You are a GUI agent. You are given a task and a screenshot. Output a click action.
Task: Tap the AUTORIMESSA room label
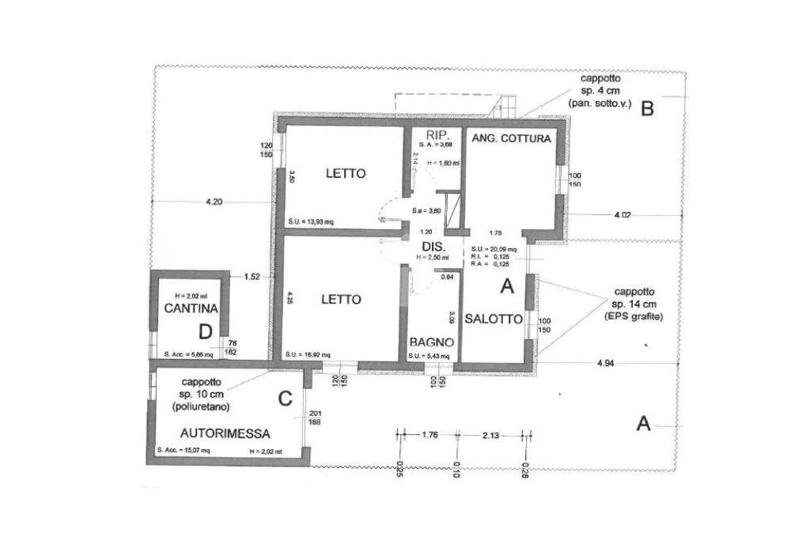225,433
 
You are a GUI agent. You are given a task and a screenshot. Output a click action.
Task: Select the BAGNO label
431,342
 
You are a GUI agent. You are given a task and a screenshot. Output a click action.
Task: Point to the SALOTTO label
494,319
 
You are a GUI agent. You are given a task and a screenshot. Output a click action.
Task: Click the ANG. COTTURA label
511,138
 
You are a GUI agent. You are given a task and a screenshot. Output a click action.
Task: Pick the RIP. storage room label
437,134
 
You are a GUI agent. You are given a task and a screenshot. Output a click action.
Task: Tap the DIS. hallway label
432,247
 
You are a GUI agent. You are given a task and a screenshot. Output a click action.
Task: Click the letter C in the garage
286,399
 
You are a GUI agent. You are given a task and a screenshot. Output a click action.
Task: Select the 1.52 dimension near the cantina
252,277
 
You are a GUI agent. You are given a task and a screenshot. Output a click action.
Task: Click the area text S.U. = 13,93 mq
311,221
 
